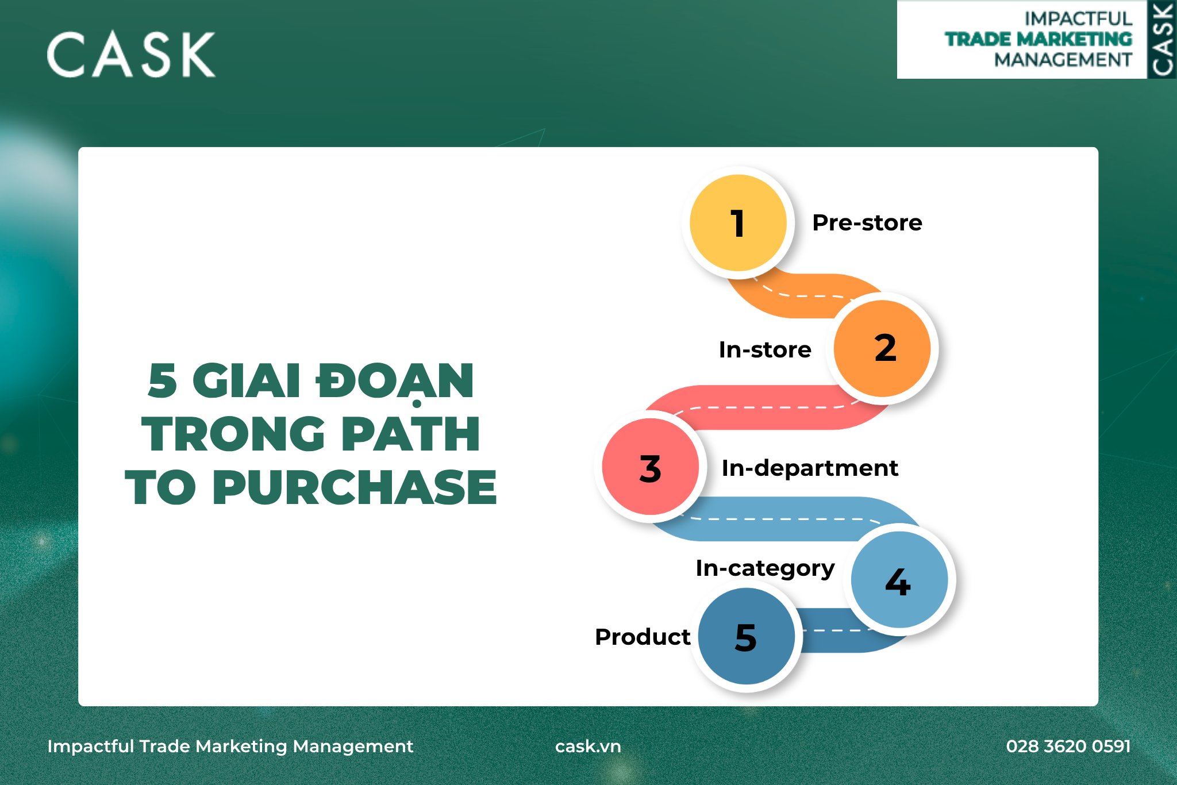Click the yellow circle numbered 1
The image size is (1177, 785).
738,223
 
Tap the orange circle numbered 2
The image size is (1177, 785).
882,348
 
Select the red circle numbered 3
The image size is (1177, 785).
650,467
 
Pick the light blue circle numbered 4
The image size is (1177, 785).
899,580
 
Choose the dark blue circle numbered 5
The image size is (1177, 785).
746,637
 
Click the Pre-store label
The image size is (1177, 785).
867,223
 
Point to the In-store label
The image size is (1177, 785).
764,349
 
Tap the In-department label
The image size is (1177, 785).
809,468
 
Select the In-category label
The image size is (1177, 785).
764,568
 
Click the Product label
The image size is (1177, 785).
642,637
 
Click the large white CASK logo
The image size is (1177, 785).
131,55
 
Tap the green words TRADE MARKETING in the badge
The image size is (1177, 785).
1038,39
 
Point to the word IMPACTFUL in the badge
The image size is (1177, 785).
1078,18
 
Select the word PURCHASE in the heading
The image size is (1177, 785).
354,487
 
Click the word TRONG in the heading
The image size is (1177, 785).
233,434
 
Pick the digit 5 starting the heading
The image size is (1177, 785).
162,380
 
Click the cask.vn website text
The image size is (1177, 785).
588,746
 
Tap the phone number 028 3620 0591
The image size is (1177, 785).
1068,746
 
